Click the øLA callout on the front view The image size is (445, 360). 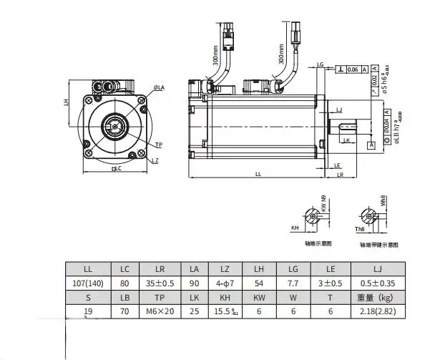159,87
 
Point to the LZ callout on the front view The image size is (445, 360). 155,160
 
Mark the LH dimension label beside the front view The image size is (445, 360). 66,102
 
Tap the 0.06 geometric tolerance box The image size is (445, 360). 353,69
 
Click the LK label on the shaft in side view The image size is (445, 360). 346,141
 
